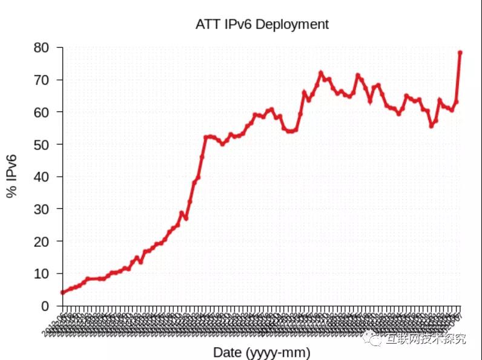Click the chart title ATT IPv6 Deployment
pyautogui.click(x=262, y=24)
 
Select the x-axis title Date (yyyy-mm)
pyautogui.click(x=262, y=352)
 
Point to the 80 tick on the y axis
pyautogui.click(x=48, y=47)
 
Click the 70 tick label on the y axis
pyautogui.click(x=48, y=80)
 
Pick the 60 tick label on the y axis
pyautogui.click(x=48, y=112)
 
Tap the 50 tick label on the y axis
pyautogui.click(x=48, y=145)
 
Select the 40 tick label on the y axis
pyautogui.click(x=48, y=177)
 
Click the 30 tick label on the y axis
pyautogui.click(x=48, y=209)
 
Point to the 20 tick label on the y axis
pyautogui.click(x=48, y=241)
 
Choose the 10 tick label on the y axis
pyautogui.click(x=48, y=273)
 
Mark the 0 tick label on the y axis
pyautogui.click(x=51, y=306)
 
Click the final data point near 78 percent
pyautogui.click(x=460, y=53)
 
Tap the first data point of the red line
pyautogui.click(x=62, y=292)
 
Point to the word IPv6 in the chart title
pyautogui.click(x=238, y=24)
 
